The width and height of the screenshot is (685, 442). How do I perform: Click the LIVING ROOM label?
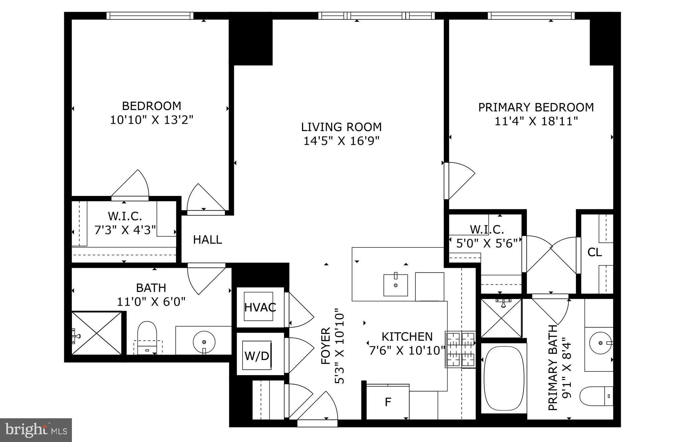click(341, 127)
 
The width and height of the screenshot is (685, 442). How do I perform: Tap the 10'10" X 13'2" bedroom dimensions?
click(152, 120)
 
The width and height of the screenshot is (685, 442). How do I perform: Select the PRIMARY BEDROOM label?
click(536, 107)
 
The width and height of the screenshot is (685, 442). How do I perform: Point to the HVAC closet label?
click(260, 307)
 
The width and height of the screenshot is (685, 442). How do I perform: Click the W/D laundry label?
click(257, 356)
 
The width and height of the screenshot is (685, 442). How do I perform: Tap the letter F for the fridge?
click(388, 402)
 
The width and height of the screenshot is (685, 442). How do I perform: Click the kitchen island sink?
click(396, 285)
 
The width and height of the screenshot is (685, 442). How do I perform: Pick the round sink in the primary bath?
click(600, 343)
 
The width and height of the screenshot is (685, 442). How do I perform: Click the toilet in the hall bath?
click(147, 336)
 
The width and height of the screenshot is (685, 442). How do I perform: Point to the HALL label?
click(207, 240)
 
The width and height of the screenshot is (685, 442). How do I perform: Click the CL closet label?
click(594, 252)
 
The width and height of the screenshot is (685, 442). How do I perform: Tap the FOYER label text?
click(325, 346)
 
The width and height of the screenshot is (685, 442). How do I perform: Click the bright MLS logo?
click(36, 430)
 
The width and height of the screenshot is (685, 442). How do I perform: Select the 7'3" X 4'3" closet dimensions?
click(125, 230)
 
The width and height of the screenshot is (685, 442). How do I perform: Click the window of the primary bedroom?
click(531, 15)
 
